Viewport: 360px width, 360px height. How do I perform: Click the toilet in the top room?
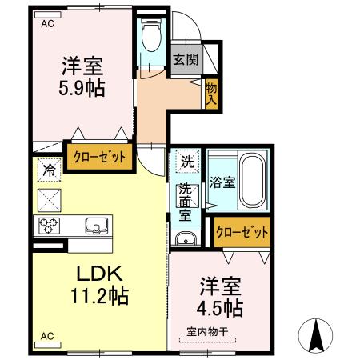(152, 35)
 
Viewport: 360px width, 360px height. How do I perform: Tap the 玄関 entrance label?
(186, 59)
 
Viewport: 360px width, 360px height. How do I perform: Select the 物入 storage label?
(211, 94)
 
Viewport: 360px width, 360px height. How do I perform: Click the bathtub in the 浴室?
(252, 181)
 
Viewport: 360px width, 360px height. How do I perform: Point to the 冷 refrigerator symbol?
(50, 170)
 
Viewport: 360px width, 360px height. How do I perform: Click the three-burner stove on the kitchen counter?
(49, 226)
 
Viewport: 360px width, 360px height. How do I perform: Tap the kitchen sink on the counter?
(97, 226)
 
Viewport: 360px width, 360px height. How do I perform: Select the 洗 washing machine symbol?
(187, 162)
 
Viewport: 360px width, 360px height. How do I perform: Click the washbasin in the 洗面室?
(186, 238)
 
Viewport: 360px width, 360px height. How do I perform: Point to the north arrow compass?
(316, 335)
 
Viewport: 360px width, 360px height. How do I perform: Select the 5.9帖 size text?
(82, 88)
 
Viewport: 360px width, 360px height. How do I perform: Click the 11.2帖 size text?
(100, 296)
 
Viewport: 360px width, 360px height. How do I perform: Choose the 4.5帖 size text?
(220, 308)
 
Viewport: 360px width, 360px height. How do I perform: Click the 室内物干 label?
(207, 332)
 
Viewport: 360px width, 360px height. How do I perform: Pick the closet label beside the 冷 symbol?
(99, 157)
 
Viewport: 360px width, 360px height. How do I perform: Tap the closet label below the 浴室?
(242, 232)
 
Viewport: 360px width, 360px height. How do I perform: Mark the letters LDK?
(99, 274)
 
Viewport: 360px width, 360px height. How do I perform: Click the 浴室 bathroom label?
(222, 182)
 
